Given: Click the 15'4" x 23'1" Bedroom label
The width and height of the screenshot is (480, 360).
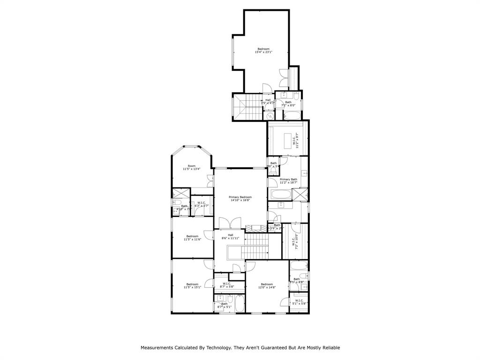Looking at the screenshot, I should [263, 51].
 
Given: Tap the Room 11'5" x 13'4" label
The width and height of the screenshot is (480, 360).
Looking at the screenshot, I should [192, 167].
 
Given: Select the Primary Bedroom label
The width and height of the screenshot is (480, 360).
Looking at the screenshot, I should [240, 199].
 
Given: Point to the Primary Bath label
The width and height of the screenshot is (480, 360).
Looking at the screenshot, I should [288, 181].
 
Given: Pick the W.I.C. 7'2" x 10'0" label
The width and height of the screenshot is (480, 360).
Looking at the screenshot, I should [295, 241].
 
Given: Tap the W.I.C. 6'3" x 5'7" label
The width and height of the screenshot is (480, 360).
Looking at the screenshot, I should [202, 204].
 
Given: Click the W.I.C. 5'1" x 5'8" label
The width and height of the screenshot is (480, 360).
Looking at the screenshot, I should [299, 302].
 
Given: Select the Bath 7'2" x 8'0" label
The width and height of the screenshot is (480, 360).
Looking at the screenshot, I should [288, 104].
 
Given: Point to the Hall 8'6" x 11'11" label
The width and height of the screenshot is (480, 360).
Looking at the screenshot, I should [231, 237].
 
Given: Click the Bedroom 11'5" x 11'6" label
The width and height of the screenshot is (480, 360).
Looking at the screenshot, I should [192, 238].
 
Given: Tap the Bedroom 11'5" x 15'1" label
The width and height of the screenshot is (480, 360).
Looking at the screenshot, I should [192, 285].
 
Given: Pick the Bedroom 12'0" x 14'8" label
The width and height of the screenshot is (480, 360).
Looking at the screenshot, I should [267, 285].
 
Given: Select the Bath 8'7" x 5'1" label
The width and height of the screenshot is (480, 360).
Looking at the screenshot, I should [225, 305].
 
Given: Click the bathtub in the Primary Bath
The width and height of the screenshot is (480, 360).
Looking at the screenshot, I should [280, 195].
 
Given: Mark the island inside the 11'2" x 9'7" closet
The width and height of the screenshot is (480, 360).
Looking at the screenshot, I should [289, 139].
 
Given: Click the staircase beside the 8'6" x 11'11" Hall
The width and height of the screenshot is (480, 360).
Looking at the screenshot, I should [256, 246].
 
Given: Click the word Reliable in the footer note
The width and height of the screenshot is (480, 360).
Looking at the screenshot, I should [330, 348].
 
